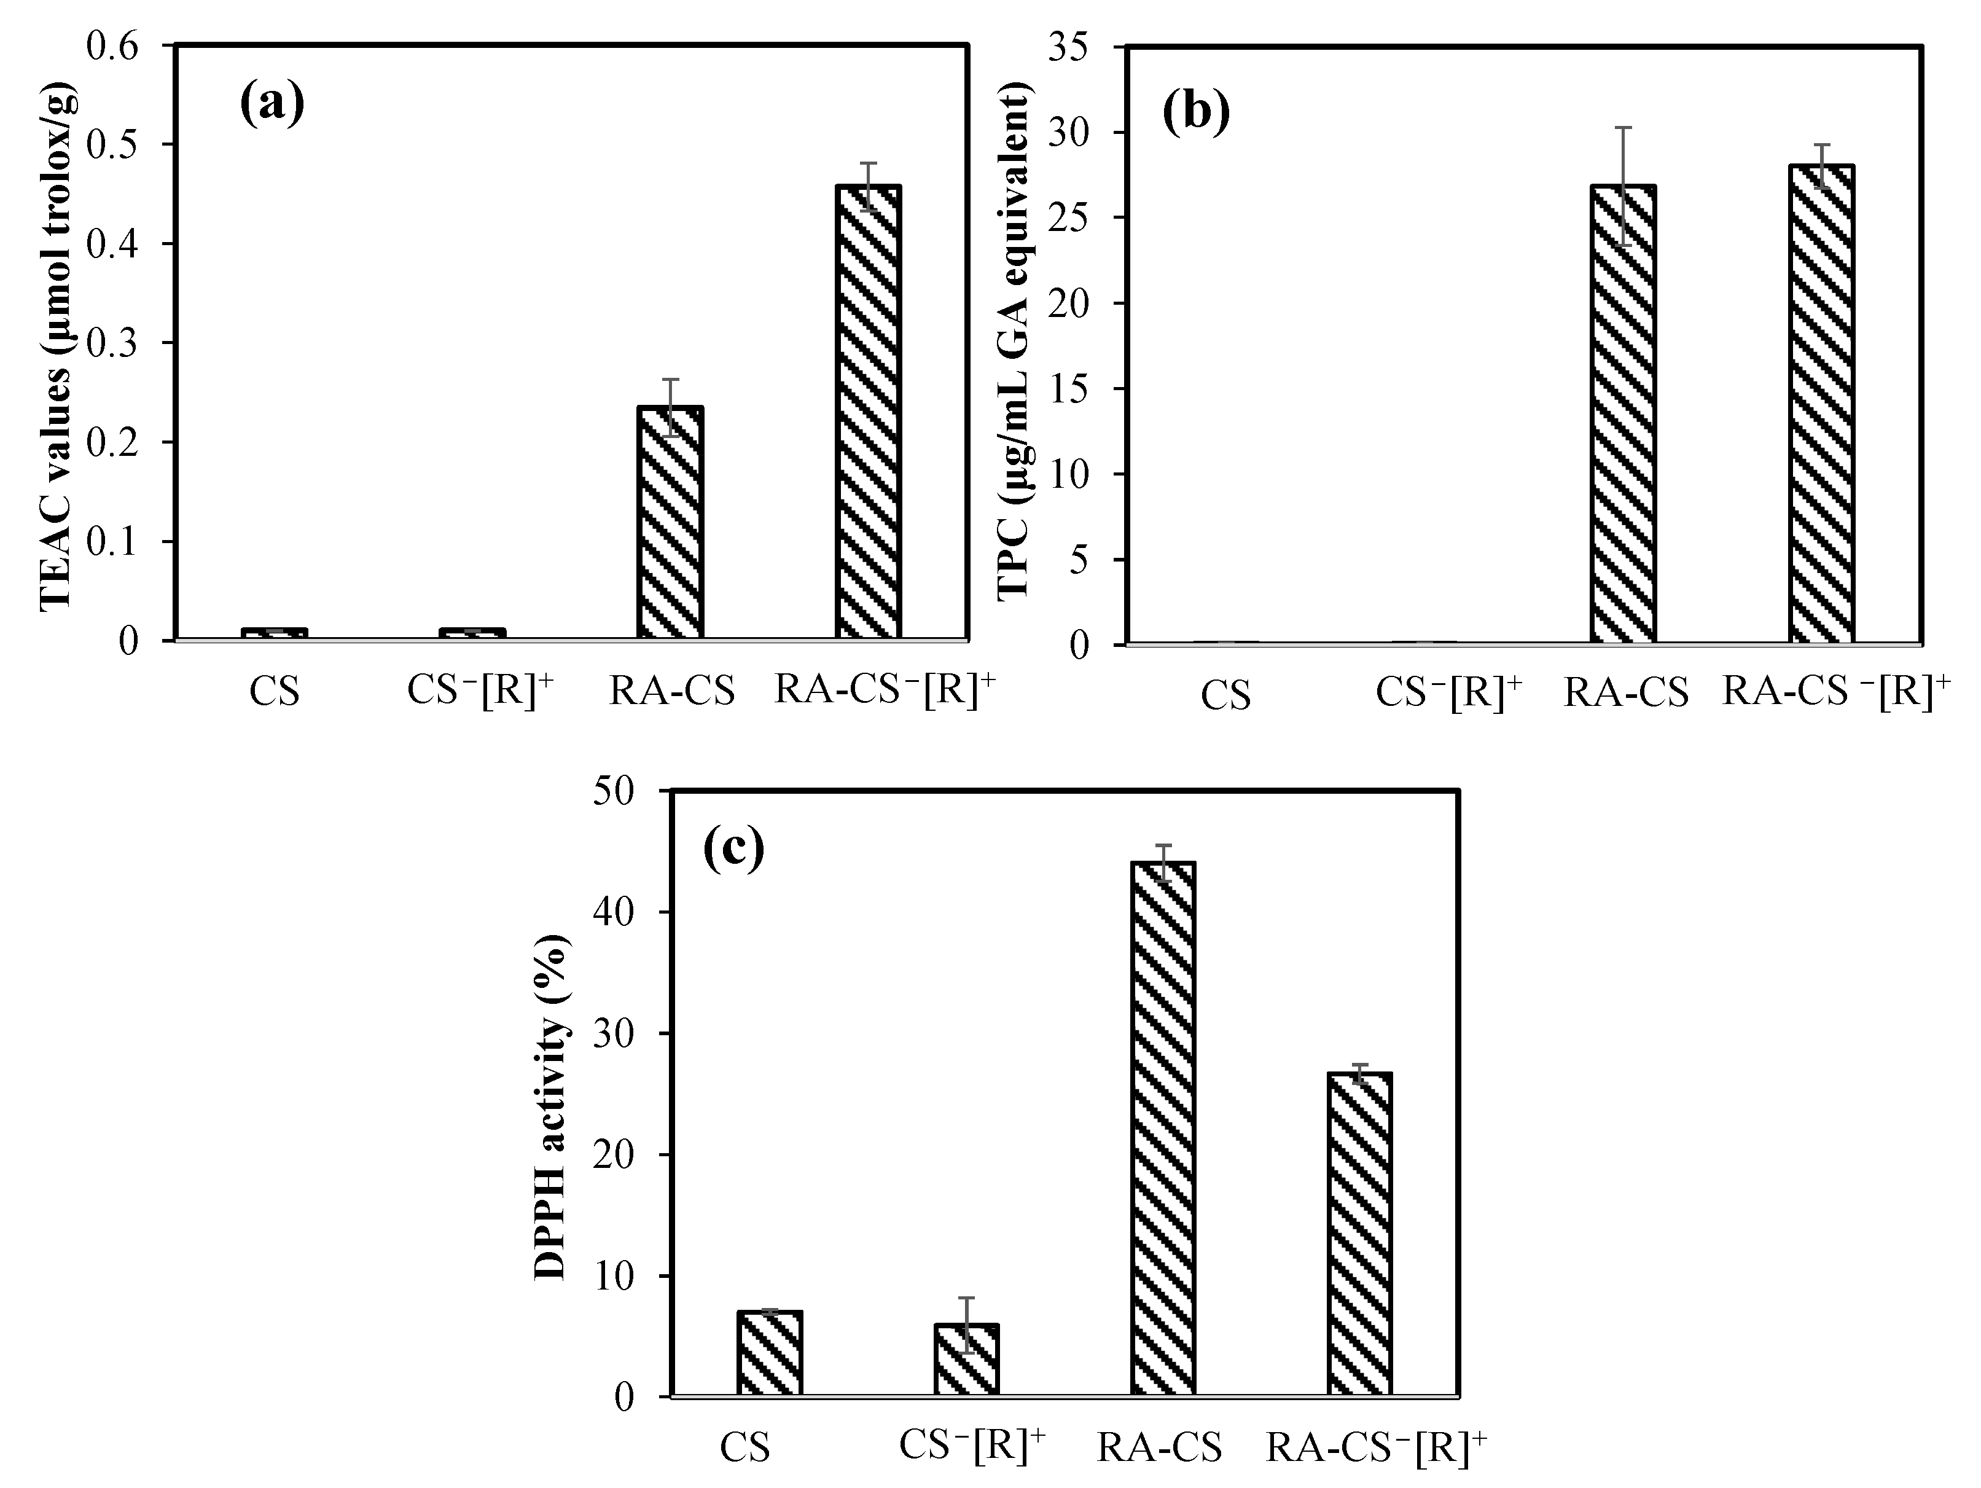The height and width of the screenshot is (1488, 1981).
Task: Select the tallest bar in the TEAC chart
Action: tap(868, 412)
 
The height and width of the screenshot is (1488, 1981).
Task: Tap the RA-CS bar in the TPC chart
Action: tap(1623, 414)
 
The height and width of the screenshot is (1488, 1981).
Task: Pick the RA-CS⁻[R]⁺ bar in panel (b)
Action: tap(1821, 403)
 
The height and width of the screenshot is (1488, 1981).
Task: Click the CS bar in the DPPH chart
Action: tap(769, 1353)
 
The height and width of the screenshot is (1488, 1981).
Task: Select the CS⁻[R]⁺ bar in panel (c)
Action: tap(966, 1359)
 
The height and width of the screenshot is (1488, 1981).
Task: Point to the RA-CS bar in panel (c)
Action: tap(1163, 1129)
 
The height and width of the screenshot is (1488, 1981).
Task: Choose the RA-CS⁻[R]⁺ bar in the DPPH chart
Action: tap(1359, 1234)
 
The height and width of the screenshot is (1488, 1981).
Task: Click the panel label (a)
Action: tap(272, 104)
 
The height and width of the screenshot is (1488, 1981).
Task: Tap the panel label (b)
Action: tap(1197, 113)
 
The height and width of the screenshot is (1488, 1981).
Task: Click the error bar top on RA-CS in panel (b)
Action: tap(1623, 128)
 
